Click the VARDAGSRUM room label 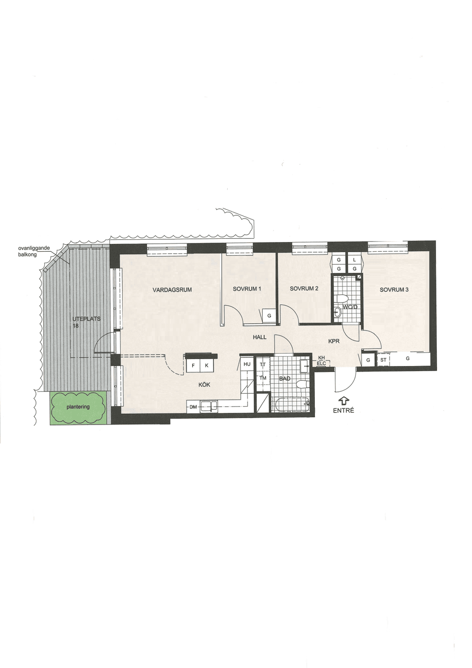(172, 289)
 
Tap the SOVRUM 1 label (247, 289)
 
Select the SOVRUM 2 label (304, 289)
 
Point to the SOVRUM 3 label (394, 289)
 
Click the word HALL (260, 337)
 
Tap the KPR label (334, 342)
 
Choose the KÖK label (204, 384)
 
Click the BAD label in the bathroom (285, 379)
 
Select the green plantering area (78, 407)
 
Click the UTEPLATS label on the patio (87, 319)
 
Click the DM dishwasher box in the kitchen (193, 407)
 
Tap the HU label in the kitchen (247, 364)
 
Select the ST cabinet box (383, 360)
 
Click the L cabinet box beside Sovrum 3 (354, 260)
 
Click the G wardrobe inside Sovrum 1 (269, 316)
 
